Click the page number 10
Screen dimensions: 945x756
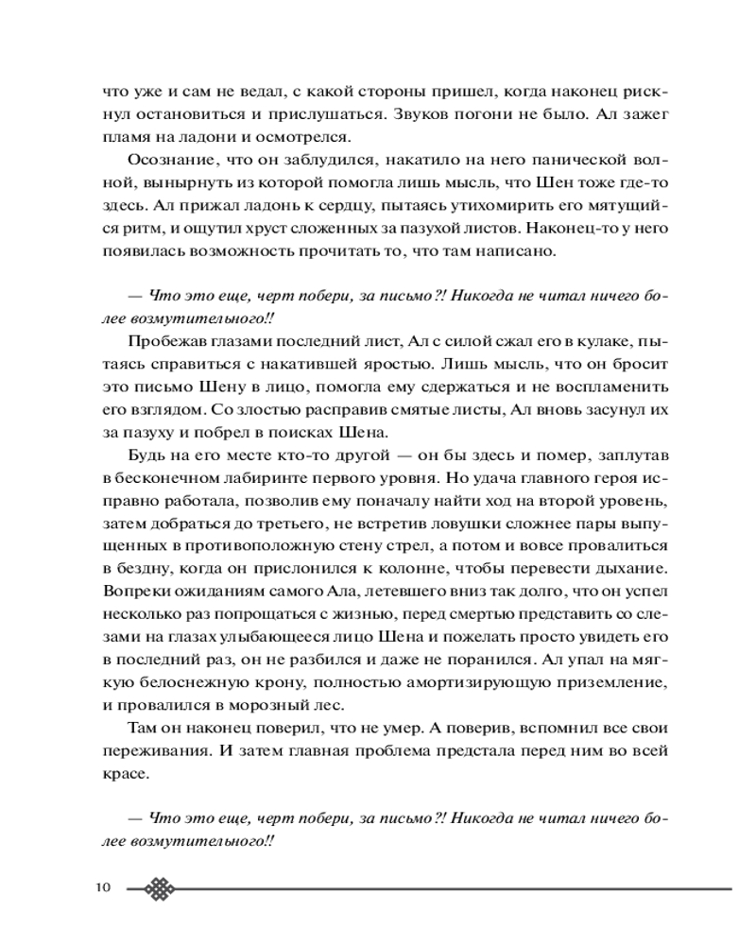[x=103, y=887]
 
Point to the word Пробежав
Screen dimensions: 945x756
[x=160, y=339]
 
